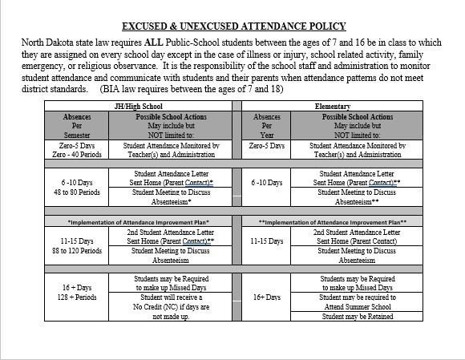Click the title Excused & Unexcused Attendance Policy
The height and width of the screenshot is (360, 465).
tap(232, 26)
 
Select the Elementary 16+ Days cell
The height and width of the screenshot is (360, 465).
tap(267, 297)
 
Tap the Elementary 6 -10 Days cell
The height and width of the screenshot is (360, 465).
tap(267, 183)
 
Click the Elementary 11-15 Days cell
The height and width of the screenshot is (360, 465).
tap(267, 240)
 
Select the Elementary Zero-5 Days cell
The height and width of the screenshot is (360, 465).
tap(267, 146)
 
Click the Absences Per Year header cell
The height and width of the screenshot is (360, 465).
tap(267, 126)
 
